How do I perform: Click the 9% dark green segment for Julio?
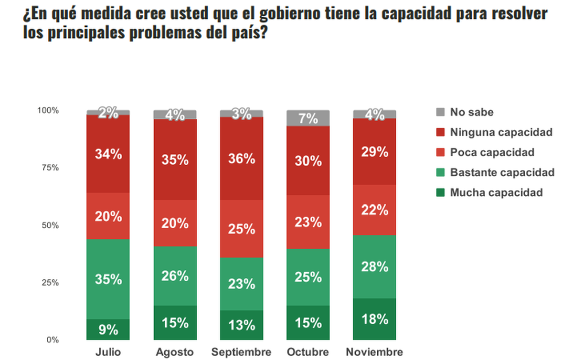108,329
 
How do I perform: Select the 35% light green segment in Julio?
108,279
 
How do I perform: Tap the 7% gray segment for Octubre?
308,118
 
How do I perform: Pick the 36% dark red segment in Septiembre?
242,158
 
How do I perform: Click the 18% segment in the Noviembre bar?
374,318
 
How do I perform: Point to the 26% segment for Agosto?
175,275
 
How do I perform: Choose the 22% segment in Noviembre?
374,210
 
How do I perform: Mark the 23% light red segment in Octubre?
308,222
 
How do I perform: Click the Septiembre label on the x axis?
241,352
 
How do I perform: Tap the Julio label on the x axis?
108,352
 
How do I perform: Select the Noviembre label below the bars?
374,352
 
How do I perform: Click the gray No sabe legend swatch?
440,112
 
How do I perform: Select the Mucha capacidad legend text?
497,192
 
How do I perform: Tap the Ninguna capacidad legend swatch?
440,132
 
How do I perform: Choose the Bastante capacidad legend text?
502,172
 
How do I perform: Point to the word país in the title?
244,34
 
